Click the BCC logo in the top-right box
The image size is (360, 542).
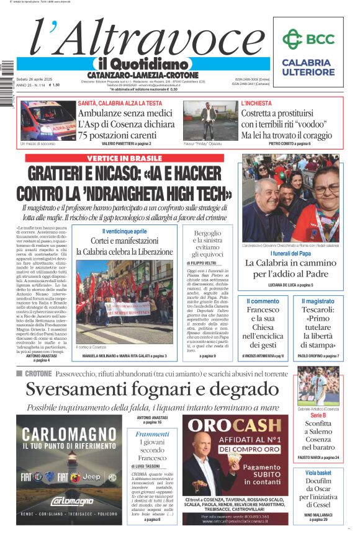308,39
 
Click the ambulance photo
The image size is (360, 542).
48,120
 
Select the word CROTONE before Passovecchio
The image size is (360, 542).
38,374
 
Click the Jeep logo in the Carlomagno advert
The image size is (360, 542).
92,476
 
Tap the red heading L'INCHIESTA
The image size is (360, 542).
256,103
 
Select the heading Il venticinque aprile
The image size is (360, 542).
125,231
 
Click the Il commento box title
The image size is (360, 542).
263,301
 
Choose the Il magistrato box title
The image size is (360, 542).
317,301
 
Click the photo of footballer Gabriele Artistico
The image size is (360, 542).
318,385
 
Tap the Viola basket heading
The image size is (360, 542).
318,473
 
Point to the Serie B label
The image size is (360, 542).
318,415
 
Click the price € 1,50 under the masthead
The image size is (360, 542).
59,86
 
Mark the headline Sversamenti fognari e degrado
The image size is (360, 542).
153,390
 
